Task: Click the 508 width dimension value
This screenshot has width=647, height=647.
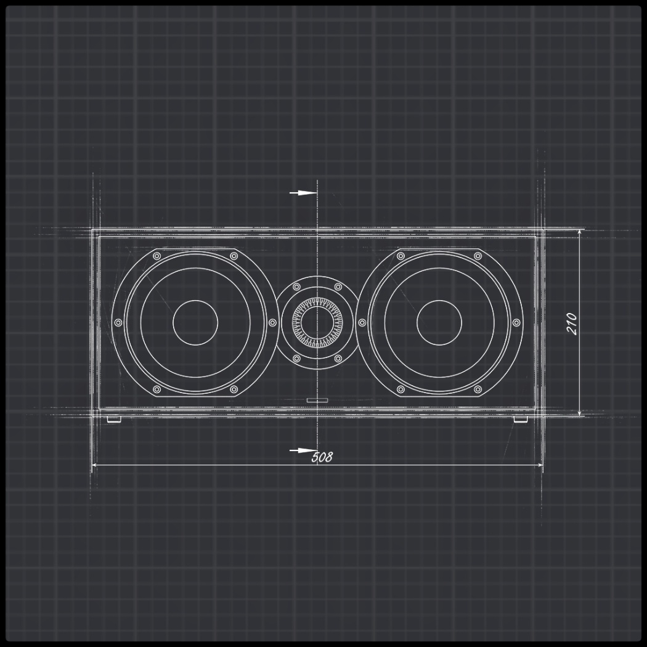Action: click(x=322, y=457)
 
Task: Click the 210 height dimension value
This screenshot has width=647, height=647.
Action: click(x=572, y=323)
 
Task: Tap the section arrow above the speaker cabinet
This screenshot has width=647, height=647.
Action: click(x=302, y=193)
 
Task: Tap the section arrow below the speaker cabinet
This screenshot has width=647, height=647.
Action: click(x=302, y=450)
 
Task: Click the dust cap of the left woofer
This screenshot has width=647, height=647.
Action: click(x=195, y=323)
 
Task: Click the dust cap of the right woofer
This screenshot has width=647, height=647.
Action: click(x=439, y=323)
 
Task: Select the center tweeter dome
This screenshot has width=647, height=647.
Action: click(x=317, y=322)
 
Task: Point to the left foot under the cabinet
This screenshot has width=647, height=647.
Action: click(x=114, y=420)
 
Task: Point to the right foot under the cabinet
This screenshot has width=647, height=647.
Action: click(x=520, y=420)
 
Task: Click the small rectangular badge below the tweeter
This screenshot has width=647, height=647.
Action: click(x=317, y=401)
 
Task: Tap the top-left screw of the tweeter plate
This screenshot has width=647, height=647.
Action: click(x=296, y=287)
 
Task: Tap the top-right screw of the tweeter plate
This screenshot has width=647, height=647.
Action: click(x=338, y=287)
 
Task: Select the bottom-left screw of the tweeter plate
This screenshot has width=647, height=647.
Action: click(x=296, y=358)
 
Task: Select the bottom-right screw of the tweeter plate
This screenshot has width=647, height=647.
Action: click(x=338, y=358)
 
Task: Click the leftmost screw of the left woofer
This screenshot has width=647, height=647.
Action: click(x=118, y=322)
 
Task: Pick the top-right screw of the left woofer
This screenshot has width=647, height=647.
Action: click(x=234, y=256)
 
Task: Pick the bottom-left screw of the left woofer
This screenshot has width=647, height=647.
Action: click(x=157, y=389)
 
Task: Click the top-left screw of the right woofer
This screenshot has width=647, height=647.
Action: click(x=401, y=256)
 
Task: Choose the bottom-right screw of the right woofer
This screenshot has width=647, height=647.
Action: click(x=478, y=389)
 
